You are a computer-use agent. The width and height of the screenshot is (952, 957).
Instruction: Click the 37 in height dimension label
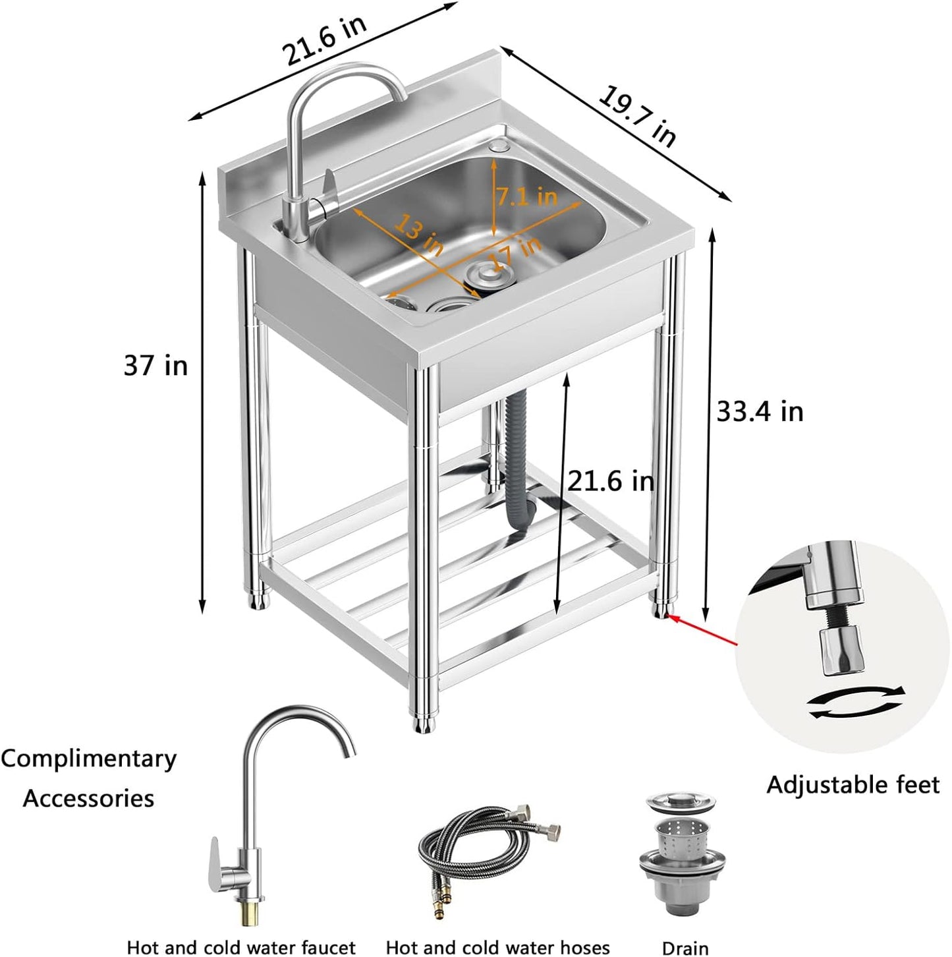(x=155, y=364)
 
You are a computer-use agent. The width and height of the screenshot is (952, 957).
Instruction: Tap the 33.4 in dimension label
(x=760, y=411)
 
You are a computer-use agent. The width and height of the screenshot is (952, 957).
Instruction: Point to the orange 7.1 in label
(x=527, y=196)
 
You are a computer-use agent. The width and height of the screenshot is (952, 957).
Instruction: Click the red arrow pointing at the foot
(x=702, y=629)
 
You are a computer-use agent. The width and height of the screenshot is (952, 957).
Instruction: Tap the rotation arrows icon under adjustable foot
(x=856, y=701)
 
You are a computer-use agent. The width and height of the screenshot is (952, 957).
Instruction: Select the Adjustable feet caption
(x=853, y=785)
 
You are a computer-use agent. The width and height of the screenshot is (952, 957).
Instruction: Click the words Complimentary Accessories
(x=89, y=778)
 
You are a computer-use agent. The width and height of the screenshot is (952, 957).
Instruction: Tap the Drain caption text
(x=685, y=947)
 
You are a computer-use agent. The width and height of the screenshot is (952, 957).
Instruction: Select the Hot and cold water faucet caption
(x=241, y=947)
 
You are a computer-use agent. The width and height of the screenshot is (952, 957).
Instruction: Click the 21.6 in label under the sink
(x=611, y=480)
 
